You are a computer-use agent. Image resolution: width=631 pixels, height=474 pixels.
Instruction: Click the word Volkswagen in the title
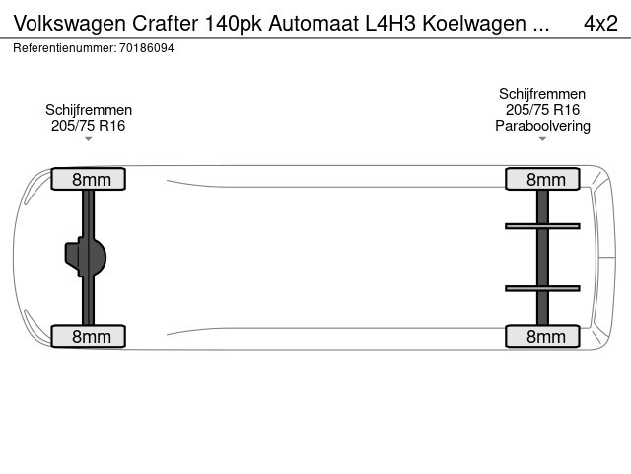(x=70, y=24)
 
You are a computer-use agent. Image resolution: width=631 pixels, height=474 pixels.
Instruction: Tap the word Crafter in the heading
(x=165, y=24)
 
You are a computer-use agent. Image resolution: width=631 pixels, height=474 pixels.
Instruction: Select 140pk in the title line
(x=234, y=24)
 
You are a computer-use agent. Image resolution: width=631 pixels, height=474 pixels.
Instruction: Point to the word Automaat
(x=314, y=24)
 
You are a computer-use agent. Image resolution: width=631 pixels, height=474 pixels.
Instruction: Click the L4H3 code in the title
(x=390, y=24)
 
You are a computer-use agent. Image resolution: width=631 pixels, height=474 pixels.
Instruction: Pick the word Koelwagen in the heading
(x=474, y=24)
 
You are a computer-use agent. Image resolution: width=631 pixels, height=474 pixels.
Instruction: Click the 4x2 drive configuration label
(x=600, y=24)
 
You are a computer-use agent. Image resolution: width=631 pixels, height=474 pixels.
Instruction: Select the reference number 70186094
(x=147, y=48)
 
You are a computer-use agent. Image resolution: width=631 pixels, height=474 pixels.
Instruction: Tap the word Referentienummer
(x=65, y=48)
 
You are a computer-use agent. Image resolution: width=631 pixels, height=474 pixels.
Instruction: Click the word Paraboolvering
(x=542, y=126)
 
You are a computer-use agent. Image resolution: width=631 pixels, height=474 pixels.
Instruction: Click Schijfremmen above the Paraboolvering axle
(x=542, y=94)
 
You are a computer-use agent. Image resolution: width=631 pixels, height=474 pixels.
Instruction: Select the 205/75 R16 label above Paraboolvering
(x=542, y=110)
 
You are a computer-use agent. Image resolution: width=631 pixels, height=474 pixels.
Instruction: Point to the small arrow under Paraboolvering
(x=542, y=139)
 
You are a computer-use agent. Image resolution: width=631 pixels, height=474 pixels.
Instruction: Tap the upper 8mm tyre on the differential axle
(x=89, y=179)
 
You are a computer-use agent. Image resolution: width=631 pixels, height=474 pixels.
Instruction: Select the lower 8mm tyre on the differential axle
(x=89, y=336)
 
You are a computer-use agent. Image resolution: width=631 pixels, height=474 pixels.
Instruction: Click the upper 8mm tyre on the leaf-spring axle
(x=542, y=179)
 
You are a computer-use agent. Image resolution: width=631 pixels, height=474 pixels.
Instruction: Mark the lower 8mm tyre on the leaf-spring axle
(x=542, y=336)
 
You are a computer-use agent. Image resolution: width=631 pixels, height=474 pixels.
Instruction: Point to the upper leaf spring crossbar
(x=542, y=226)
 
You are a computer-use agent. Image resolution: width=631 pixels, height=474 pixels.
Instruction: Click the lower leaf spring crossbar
(x=542, y=288)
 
